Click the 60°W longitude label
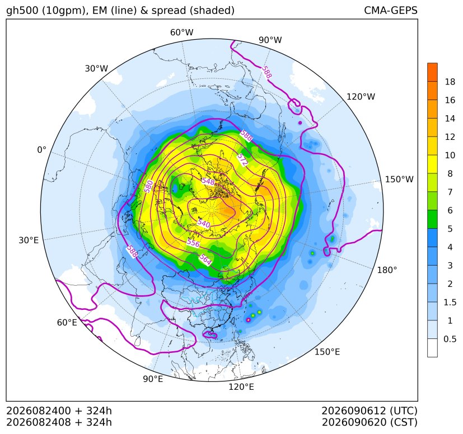181,32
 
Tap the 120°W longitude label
361,97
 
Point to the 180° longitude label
387,270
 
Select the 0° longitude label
41,150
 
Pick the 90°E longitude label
153,379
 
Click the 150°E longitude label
327,352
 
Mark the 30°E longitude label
29,240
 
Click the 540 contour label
204,223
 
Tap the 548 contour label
208,181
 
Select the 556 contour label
193,243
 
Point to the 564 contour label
205,260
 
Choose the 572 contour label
242,159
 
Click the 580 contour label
148,186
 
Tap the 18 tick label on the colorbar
450,82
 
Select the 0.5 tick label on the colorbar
450,339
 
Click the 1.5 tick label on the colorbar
450,302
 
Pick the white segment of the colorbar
432,348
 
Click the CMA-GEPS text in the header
391,10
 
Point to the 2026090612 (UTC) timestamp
370,411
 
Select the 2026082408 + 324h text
59,422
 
